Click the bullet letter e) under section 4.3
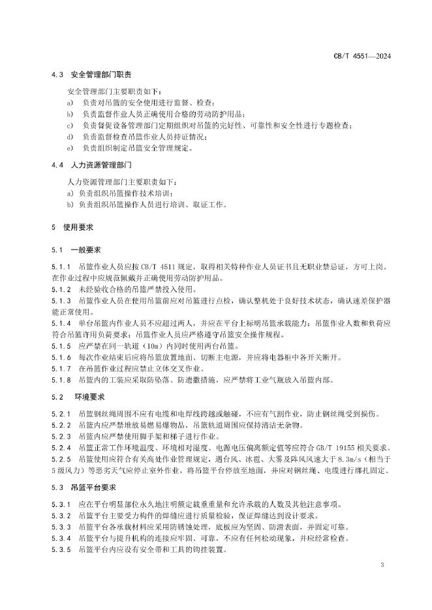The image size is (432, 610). [70, 148]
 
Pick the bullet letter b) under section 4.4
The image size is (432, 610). [70, 205]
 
